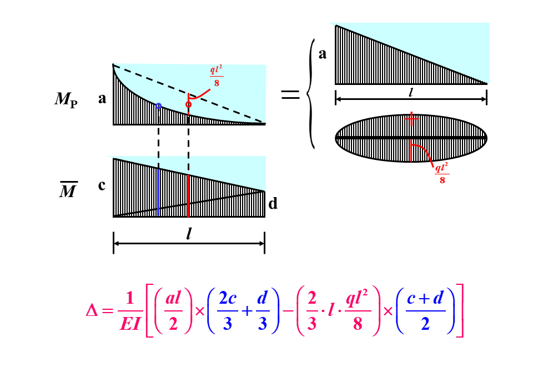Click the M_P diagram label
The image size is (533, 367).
tap(66, 99)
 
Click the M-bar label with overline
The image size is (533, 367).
tap(68, 192)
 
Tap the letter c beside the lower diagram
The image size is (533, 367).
tap(102, 185)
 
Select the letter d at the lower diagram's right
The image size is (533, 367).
tap(273, 204)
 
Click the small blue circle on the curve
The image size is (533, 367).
tap(159, 105)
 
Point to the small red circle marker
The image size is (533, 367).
tap(189, 104)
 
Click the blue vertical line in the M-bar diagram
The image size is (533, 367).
tap(159, 192)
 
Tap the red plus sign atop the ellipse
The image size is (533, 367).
tap(411, 118)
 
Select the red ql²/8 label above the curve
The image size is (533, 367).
tap(216, 76)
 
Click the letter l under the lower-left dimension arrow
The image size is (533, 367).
tap(189, 234)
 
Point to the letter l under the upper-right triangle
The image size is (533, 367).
tap(410, 92)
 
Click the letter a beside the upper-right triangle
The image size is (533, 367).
tap(323, 54)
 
